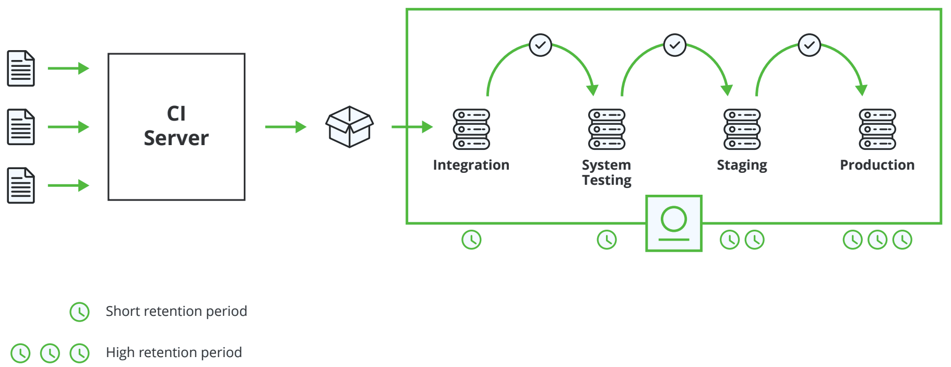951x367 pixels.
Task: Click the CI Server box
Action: coord(176,126)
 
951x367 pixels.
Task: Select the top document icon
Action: coord(21,68)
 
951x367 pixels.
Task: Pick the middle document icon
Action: coord(21,127)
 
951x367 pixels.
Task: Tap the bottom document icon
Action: coord(21,185)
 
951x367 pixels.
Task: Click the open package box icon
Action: coord(349,127)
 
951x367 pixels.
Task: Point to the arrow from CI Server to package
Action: coord(285,127)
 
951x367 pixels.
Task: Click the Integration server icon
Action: coord(471,129)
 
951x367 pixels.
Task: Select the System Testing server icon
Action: coord(607,129)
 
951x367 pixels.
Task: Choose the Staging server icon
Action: coord(742,129)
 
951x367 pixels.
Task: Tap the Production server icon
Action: coord(877,129)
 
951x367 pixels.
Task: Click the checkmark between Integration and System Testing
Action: coord(540,45)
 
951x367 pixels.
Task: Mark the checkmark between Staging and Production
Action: coord(810,45)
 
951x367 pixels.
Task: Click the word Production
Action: coord(877,165)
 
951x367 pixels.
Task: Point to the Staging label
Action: coord(742,165)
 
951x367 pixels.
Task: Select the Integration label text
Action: coord(471,165)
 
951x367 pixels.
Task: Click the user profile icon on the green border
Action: coord(674,223)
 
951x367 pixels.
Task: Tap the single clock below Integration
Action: coord(471,240)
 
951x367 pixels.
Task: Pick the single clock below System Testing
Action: coord(607,240)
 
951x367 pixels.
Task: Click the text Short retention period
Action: coord(176,311)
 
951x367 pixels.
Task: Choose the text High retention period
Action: coord(173,352)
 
